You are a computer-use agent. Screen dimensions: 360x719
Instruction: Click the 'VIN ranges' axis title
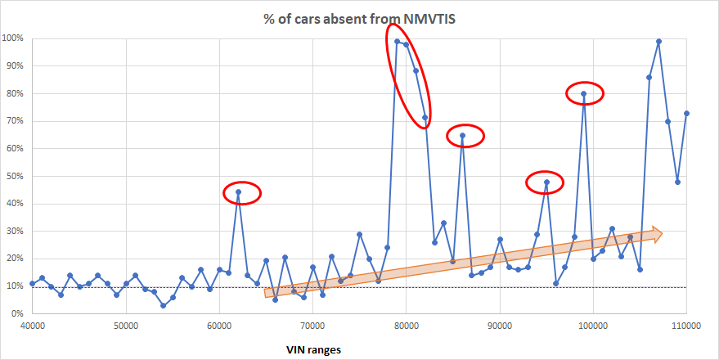tap(312, 349)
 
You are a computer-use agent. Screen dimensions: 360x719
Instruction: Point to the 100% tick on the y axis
tap(12, 38)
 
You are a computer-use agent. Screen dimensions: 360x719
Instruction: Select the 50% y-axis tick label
tap(14, 176)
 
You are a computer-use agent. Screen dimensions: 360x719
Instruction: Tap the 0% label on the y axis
tap(16, 313)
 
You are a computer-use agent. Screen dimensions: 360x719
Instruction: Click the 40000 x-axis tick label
tap(33, 325)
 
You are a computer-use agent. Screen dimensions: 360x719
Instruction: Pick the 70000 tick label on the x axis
tap(312, 325)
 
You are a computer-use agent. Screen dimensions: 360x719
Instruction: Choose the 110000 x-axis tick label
tap(686, 325)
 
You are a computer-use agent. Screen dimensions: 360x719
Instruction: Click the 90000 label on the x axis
tap(500, 325)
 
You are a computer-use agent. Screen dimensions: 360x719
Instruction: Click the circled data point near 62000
tap(238, 191)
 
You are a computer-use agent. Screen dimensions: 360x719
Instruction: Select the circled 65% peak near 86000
tap(462, 135)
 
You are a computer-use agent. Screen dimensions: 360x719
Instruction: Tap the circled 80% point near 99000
tap(583, 93)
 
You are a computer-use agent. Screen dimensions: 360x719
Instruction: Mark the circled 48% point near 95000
tap(546, 182)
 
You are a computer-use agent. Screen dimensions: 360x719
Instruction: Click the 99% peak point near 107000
tap(658, 41)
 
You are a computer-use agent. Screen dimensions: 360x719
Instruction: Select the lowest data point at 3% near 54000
tap(164, 305)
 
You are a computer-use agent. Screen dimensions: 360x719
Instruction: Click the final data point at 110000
tap(686, 113)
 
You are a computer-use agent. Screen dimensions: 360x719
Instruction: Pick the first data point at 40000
tap(33, 283)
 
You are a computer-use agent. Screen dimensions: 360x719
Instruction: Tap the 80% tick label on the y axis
tap(14, 93)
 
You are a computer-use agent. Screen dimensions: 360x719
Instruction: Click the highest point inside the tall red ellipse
tap(397, 41)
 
